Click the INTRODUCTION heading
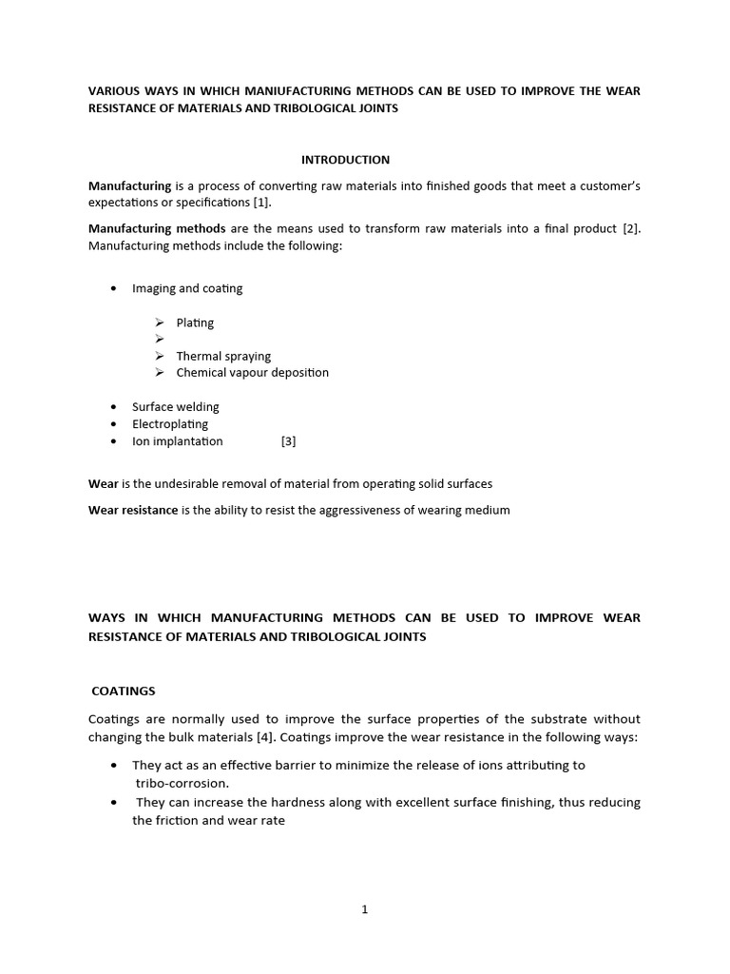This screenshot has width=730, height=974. click(345, 160)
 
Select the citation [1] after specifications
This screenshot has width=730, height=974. click(262, 203)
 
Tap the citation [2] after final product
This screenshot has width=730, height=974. click(631, 228)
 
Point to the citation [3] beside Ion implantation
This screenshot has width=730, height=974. click(289, 441)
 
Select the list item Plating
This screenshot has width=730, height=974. click(195, 322)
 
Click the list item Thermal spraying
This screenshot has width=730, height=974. click(223, 356)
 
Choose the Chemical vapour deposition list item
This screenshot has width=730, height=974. click(252, 372)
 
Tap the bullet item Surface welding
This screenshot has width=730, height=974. click(175, 407)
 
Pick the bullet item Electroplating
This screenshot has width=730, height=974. click(170, 424)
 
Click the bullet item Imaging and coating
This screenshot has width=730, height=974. click(187, 288)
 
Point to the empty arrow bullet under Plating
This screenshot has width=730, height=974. click(161, 340)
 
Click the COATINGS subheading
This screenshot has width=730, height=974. click(123, 692)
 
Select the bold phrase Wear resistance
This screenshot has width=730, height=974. click(133, 510)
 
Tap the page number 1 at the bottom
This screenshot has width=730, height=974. click(364, 909)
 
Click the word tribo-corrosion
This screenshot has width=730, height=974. click(182, 783)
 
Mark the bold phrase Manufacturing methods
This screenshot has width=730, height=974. click(157, 228)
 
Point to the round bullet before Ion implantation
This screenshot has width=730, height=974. click(113, 441)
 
